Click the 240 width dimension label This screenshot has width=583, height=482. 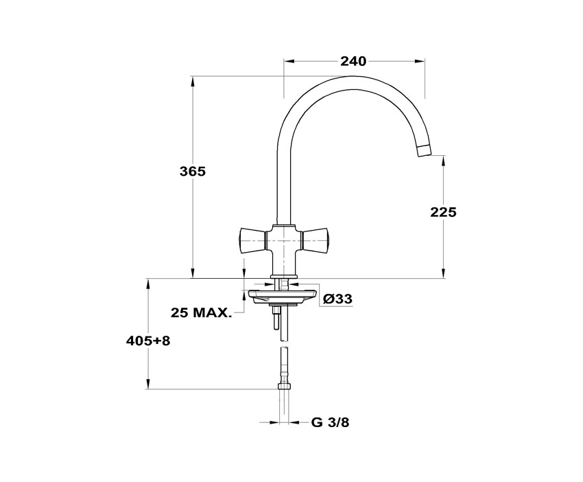point(353,61)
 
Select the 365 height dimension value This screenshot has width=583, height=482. point(192,172)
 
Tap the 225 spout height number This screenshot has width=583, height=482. point(443,212)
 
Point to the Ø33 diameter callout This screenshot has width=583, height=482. point(337,299)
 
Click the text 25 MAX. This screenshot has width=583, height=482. point(201,312)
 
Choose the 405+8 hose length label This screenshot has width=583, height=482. point(148,340)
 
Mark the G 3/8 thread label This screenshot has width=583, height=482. point(330,422)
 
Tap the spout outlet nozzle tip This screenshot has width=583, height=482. point(425,151)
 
